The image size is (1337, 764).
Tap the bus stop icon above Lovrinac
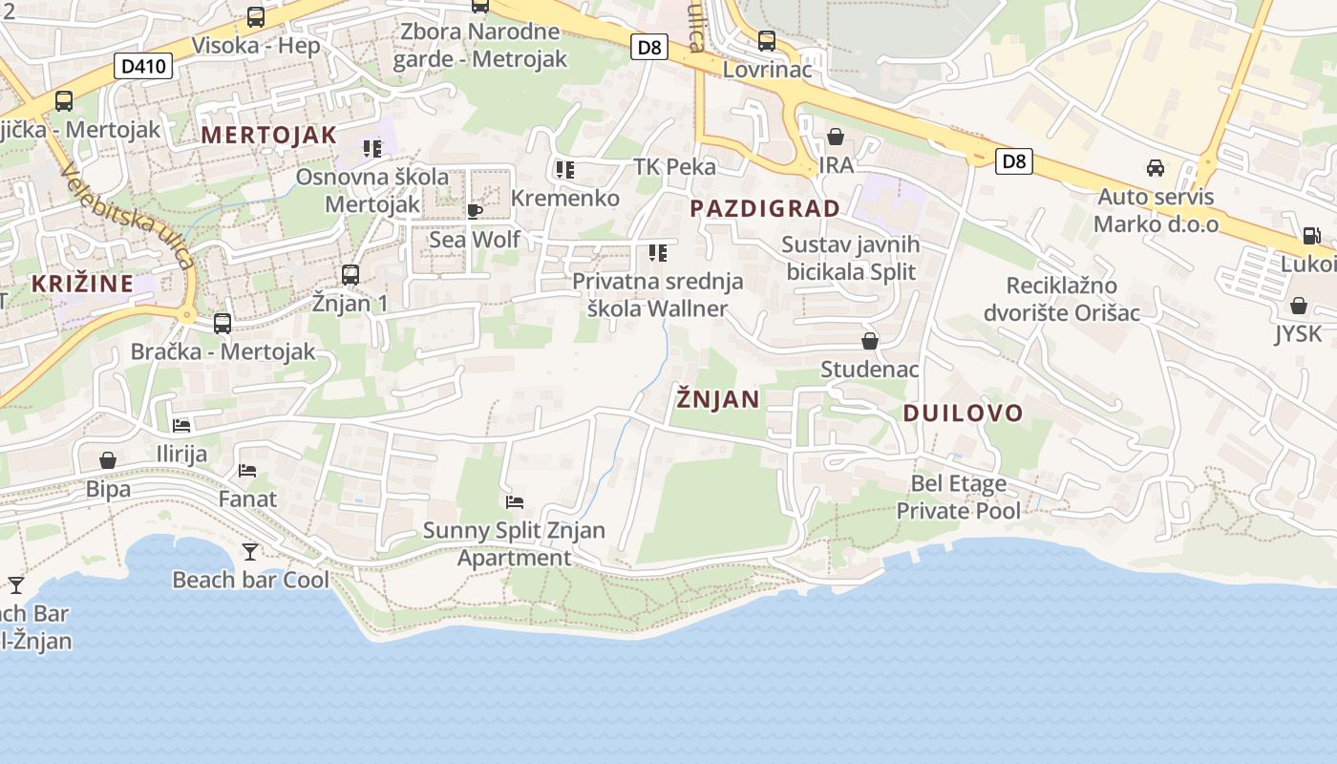[766, 41]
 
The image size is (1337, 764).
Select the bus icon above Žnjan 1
[350, 275]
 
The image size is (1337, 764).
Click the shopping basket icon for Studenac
[870, 341]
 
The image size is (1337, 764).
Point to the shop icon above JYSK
[1298, 306]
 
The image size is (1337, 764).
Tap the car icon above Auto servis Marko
[1156, 168]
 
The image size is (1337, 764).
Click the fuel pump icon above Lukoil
[1312, 235]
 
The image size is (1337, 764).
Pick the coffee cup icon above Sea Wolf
[475, 210]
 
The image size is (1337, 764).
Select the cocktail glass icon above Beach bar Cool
[250, 551]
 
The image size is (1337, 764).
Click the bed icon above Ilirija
[181, 425]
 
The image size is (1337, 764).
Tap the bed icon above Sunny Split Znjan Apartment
[515, 501]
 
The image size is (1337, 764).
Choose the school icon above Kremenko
[565, 170]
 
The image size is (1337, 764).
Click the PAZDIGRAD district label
[765, 208]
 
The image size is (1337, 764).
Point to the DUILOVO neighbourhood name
[963, 414]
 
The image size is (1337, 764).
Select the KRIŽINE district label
[82, 284]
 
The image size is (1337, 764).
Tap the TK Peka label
[674, 167]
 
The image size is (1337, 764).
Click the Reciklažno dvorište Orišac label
[1062, 299]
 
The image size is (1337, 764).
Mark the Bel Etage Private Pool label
[958, 498]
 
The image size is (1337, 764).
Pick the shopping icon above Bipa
[108, 461]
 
